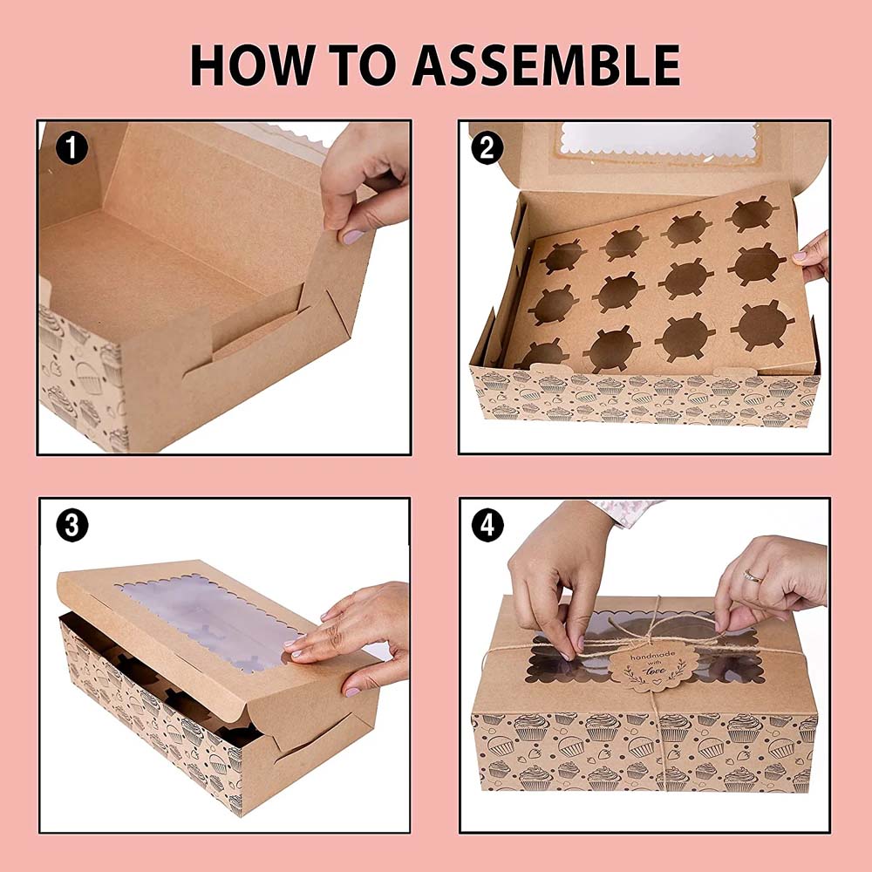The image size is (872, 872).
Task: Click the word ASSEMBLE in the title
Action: coord(546,65)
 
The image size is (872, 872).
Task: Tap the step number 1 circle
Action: coord(72,148)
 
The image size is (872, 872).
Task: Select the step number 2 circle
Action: coord(487,148)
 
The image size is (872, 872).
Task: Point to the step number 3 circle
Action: coord(72,525)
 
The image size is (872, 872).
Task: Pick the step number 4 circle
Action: coord(487,525)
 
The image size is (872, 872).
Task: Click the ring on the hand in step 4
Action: coord(753,576)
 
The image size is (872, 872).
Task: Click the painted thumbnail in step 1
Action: coord(352,237)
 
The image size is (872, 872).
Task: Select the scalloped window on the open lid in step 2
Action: coord(658,139)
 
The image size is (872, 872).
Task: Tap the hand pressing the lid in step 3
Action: coord(351,638)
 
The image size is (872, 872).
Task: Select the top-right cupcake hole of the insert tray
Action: coord(752,215)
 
